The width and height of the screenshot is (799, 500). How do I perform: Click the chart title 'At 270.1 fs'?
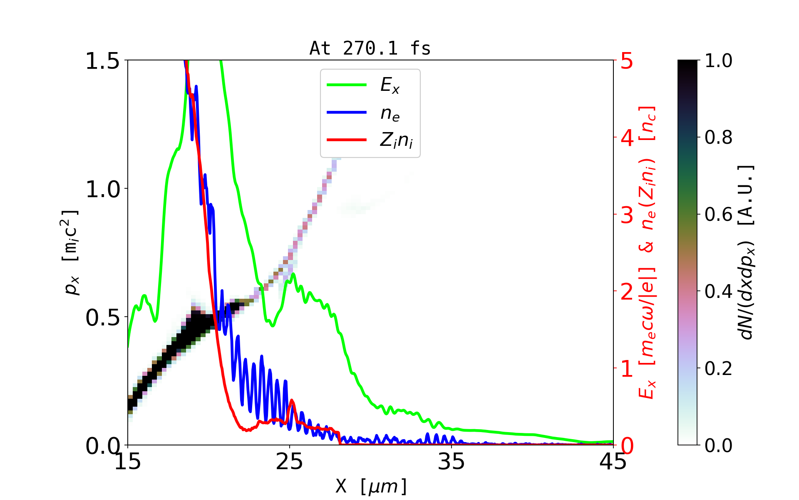370,48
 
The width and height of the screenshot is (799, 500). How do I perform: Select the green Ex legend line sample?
347,85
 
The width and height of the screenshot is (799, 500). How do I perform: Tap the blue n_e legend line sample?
347,112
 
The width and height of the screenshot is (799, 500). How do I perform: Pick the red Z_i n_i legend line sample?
347,140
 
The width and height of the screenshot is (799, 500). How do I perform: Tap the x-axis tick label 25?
290,462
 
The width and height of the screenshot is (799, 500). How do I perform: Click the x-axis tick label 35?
452,462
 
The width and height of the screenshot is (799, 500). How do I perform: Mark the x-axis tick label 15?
128,462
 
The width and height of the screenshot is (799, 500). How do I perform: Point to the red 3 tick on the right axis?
627,215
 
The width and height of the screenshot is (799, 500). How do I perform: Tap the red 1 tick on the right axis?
627,369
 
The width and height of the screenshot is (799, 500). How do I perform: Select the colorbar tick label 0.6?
718,215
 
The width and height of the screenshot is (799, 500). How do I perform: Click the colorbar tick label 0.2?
718,368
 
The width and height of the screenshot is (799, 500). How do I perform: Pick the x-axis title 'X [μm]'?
371,486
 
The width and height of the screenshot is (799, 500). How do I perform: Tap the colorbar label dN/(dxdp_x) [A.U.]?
747,252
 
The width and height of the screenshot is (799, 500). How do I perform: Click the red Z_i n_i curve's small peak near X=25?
292,400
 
